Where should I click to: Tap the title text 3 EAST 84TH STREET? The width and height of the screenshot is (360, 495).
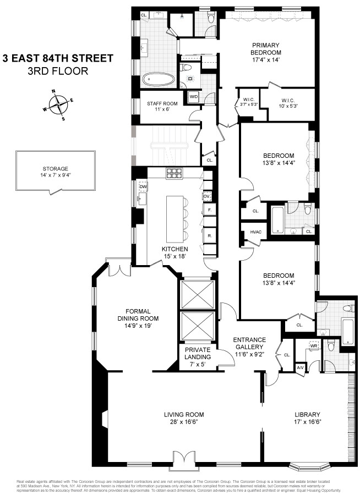57,58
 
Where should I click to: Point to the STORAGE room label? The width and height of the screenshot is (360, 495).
55,169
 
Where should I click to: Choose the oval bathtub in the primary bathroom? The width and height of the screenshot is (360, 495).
160,81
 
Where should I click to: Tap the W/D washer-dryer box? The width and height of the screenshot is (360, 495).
193,97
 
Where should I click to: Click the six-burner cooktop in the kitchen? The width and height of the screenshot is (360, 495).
174,173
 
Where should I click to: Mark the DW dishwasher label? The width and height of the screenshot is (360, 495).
143,187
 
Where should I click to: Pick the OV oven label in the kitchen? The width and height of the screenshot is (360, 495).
208,196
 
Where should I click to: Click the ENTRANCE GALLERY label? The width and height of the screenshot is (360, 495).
249,339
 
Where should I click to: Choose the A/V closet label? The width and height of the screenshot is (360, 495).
300,367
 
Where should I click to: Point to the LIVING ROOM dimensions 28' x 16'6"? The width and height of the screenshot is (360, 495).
184,422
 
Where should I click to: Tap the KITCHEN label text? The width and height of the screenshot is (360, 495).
174,249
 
